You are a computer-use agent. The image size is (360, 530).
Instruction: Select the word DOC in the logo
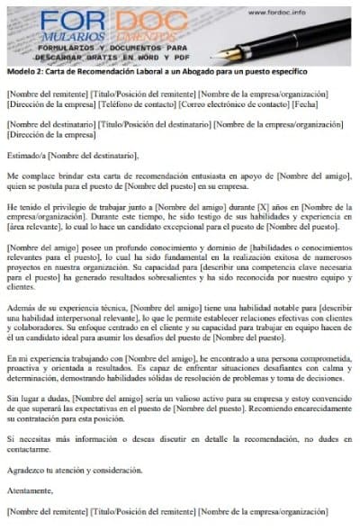coord(149,20)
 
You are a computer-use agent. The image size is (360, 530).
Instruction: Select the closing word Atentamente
coord(29,491)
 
